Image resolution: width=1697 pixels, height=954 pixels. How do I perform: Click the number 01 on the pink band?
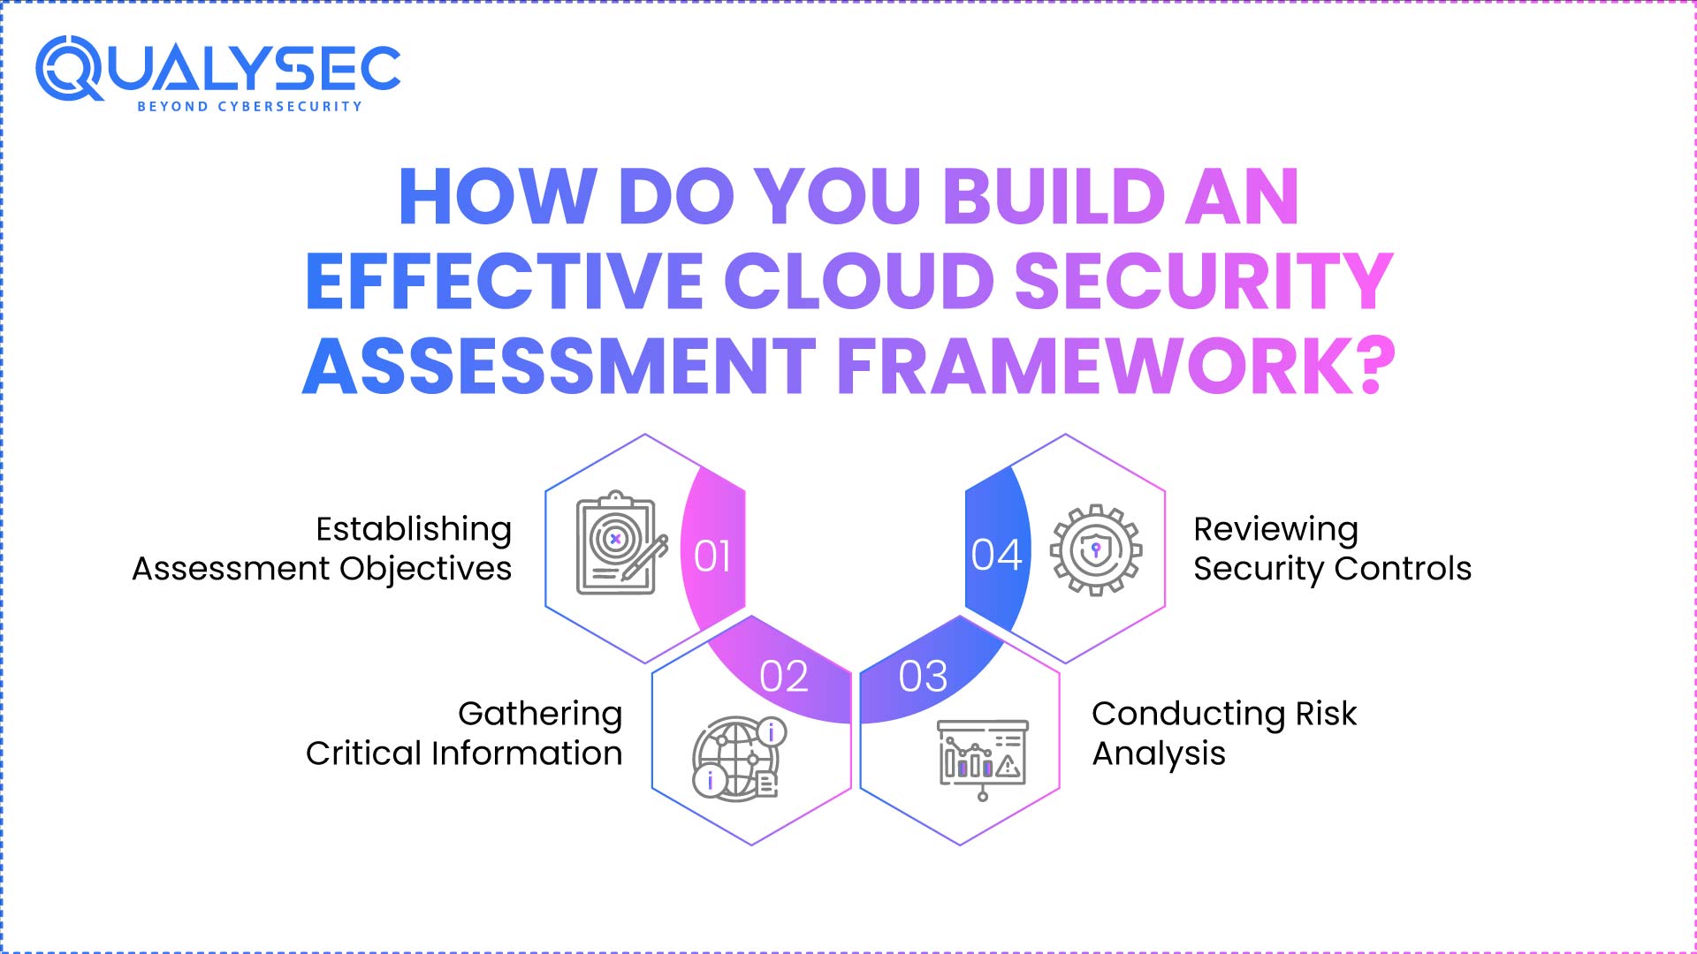(712, 556)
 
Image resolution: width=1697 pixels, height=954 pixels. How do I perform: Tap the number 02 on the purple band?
(784, 677)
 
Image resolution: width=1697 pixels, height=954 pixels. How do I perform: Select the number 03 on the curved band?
(923, 677)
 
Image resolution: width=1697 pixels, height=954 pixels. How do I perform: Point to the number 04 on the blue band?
(996, 555)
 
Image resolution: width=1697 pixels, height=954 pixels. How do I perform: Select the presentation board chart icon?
(982, 758)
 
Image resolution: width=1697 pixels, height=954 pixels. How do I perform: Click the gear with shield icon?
(1096, 550)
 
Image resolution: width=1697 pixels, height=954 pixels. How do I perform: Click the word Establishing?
(414, 529)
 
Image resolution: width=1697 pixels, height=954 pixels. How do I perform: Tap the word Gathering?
(540, 714)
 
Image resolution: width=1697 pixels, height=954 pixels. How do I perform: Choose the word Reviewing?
(1275, 529)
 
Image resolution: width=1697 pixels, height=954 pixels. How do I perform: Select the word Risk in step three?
(1326, 714)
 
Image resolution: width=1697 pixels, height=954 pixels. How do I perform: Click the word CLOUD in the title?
(859, 281)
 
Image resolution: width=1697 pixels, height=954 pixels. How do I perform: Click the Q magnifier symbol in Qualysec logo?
(69, 68)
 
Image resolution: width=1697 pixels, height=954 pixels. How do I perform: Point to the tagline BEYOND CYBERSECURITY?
(249, 106)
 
